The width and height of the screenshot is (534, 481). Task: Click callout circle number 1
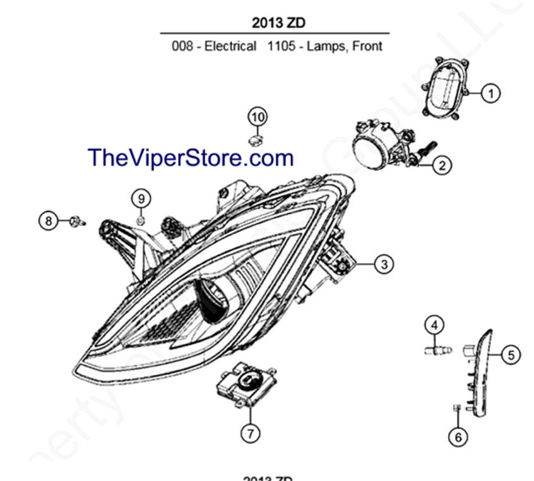coord(490,93)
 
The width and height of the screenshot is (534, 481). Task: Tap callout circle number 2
coord(441,165)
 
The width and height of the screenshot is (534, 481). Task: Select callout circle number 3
coord(384,264)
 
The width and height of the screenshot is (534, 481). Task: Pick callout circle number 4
coord(434,326)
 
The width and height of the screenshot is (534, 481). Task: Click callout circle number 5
coord(511,355)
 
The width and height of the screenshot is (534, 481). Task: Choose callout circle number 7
coord(251,433)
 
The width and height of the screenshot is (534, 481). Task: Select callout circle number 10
coord(257,117)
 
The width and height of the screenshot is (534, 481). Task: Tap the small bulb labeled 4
coord(437,348)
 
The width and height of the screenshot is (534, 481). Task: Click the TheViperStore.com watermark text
coord(191,157)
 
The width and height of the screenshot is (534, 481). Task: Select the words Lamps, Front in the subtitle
coord(345,46)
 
